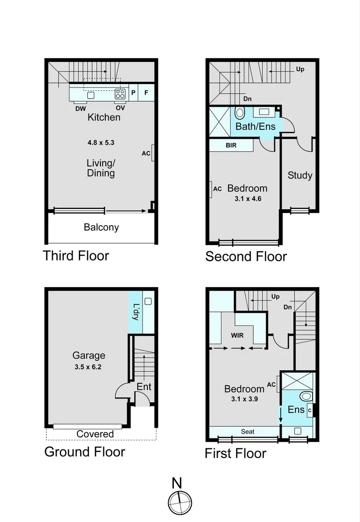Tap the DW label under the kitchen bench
(x=80, y=108)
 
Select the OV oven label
(x=120, y=108)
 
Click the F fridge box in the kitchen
(x=146, y=92)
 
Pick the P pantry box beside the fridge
(x=133, y=92)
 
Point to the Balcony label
(x=101, y=227)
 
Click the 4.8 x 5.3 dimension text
(x=101, y=143)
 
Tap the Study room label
(x=300, y=175)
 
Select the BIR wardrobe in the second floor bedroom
(x=231, y=145)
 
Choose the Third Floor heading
(x=76, y=255)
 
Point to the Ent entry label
(x=144, y=387)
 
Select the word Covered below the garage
(x=95, y=434)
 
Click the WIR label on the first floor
(x=237, y=335)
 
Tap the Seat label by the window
(x=247, y=432)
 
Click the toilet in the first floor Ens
(x=305, y=397)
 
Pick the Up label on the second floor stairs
(x=300, y=70)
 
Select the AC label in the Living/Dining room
(x=146, y=154)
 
